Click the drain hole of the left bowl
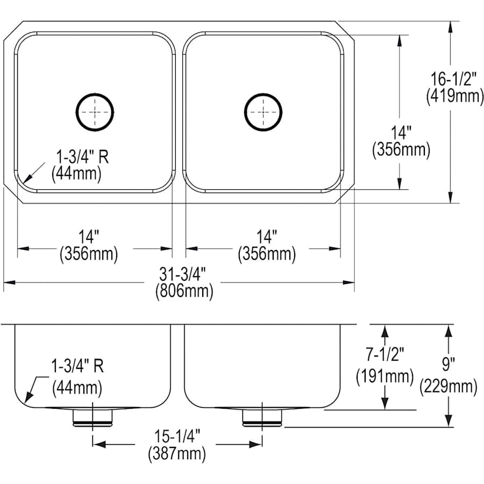[95, 112]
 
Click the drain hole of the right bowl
[264, 112]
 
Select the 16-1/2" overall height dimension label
[453, 79]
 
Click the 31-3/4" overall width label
[184, 274]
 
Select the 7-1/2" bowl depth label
[385, 353]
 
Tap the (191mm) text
[385, 375]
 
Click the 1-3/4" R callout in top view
[82, 158]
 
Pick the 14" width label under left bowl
[89, 236]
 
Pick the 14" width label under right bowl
[267, 236]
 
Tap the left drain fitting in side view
[93, 417]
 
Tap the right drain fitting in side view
[262, 417]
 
